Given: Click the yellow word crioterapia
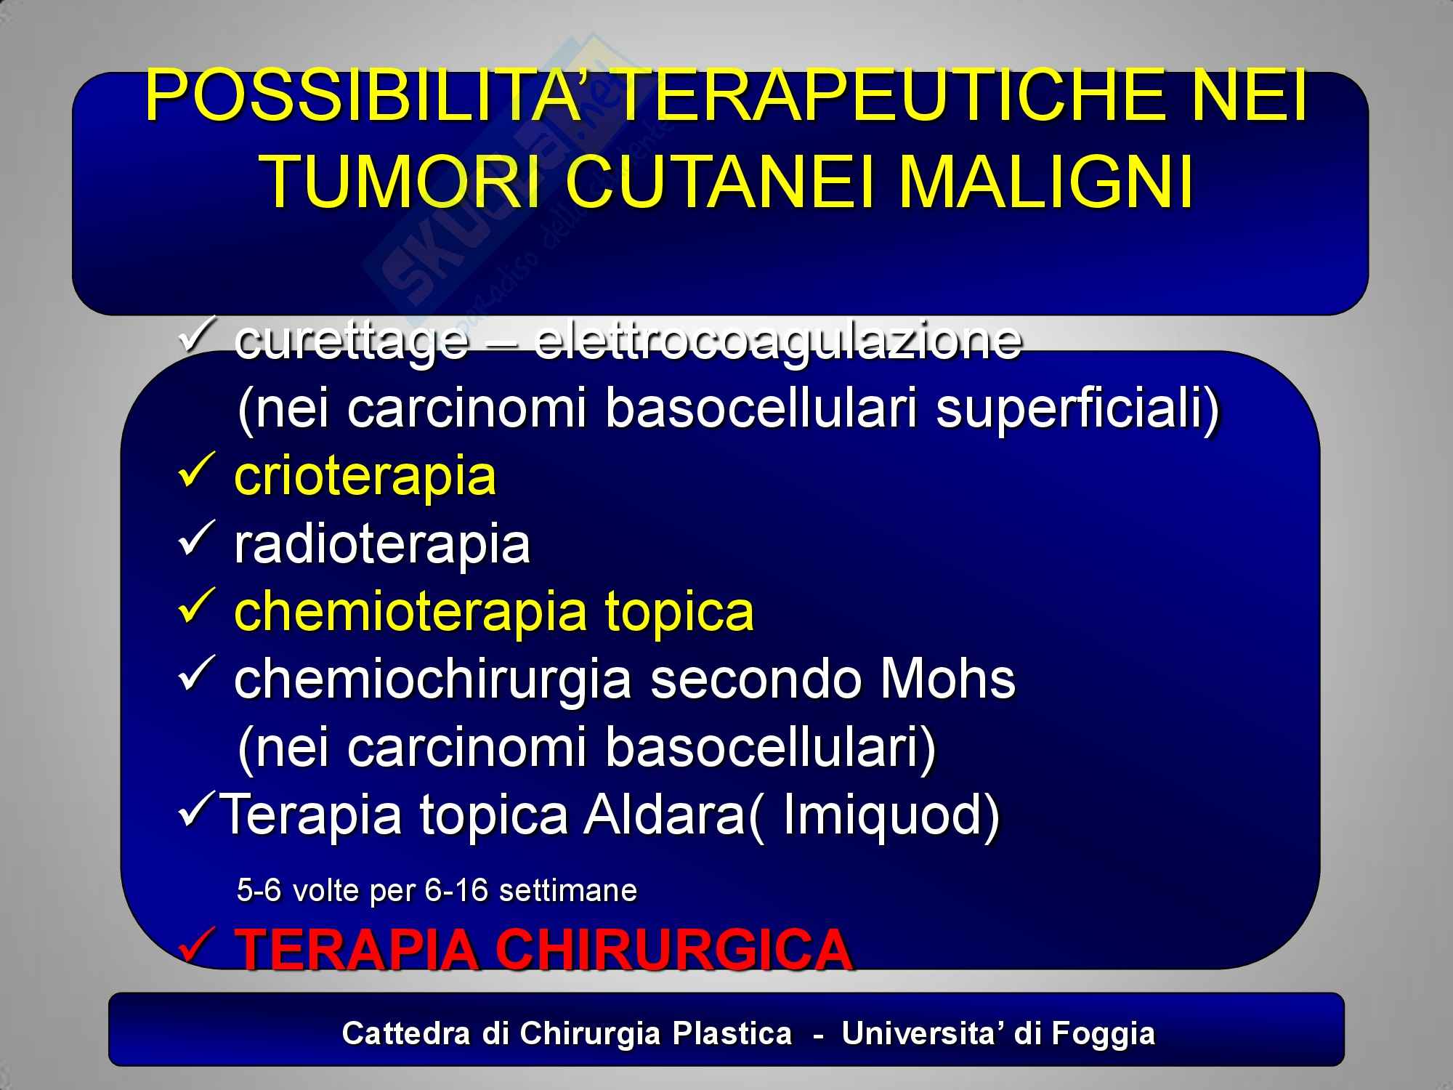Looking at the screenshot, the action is pyautogui.click(x=365, y=476).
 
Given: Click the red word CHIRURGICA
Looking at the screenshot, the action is pyautogui.click(x=673, y=949).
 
